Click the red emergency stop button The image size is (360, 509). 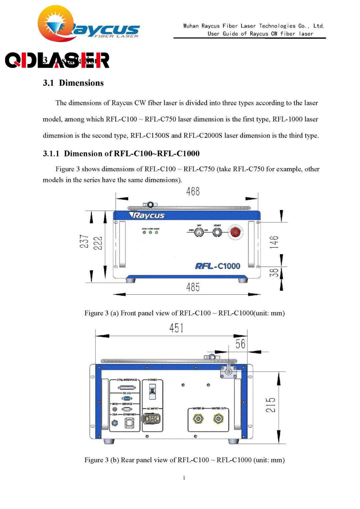point(235,232)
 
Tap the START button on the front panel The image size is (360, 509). point(217,232)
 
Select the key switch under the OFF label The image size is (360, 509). point(199,232)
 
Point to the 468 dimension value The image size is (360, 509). point(193,191)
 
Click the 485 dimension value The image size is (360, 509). point(193,287)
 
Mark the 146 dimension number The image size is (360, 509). point(274,242)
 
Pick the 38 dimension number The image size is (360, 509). point(274,273)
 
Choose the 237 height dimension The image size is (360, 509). point(84,241)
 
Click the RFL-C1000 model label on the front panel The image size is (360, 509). point(218,266)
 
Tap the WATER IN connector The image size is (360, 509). point(198,418)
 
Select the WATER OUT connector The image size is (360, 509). point(218,418)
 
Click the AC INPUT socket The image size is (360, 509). point(152,419)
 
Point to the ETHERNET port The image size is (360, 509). point(129,423)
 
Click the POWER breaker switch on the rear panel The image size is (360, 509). point(152,391)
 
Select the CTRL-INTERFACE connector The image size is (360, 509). point(127,388)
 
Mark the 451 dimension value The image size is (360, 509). point(176,328)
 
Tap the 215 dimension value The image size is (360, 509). point(271,405)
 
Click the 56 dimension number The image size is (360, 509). point(240,344)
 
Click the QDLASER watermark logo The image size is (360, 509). point(57,60)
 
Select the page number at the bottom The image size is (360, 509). point(184,478)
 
